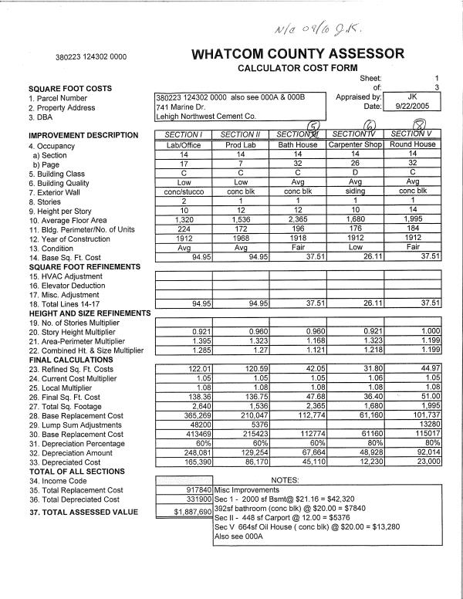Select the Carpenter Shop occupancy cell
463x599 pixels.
[356, 144]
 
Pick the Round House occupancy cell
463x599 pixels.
[413, 144]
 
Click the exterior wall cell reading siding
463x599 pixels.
[356, 191]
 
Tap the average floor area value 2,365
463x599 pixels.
[298, 219]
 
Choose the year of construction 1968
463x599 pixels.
[241, 238]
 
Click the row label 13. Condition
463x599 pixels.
[51, 248]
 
